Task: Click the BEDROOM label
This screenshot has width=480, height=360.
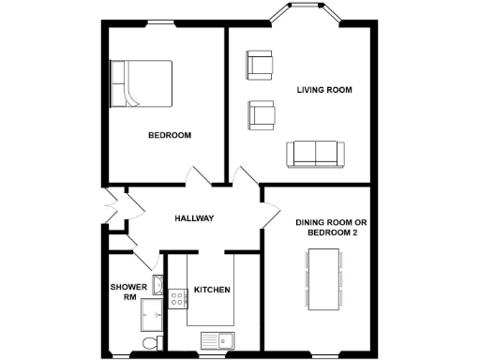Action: (170, 136)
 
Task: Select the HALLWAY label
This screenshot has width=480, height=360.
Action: (194, 218)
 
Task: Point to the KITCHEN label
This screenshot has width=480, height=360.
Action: (212, 290)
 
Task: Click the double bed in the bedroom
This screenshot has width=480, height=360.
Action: (142, 83)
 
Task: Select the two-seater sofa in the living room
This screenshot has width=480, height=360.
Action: (315, 153)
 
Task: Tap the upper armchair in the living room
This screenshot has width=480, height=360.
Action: (260, 66)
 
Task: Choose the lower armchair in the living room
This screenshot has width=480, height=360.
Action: (261, 114)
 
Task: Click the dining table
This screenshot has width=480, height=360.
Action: (324, 278)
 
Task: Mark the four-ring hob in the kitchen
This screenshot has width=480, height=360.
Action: (177, 300)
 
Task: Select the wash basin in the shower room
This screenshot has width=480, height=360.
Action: (158, 283)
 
